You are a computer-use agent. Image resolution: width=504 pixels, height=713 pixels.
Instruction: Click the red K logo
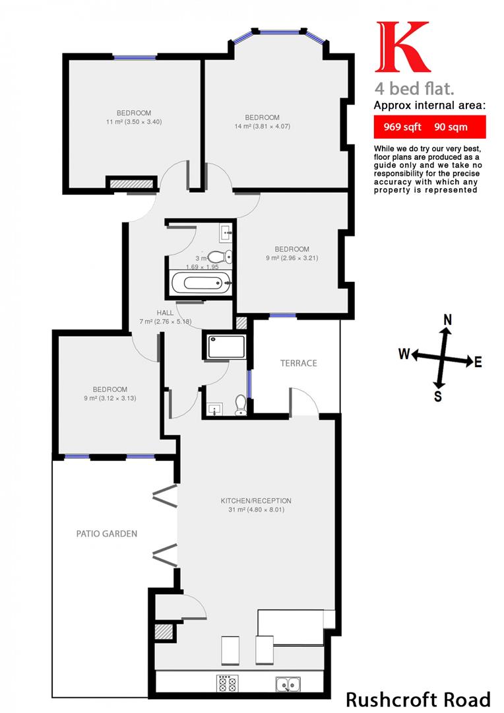pos(401,48)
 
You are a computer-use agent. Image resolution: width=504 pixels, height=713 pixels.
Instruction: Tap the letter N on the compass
pos(447,320)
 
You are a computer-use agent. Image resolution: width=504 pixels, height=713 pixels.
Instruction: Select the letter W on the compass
pos(403,355)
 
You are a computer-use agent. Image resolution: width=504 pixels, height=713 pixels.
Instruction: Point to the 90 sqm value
pos(451,127)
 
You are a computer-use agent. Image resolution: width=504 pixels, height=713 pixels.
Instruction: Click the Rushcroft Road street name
pos(418,699)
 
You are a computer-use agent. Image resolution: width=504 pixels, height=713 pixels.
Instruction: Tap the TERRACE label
pos(298,363)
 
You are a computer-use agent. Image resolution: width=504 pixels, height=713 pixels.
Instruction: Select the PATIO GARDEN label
pos(106,533)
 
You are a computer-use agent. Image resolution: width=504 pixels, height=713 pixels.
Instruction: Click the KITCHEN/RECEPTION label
pos(256,500)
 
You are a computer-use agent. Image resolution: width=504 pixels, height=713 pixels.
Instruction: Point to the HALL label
pos(165,313)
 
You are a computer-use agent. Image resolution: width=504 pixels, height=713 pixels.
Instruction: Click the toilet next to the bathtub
pos(218,257)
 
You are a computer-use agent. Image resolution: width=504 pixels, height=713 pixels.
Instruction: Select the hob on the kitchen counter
pos(228,684)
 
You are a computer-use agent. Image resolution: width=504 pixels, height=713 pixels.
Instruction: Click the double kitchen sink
pos(289,684)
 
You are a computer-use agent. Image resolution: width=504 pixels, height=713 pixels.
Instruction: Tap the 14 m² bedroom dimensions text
pos(263,126)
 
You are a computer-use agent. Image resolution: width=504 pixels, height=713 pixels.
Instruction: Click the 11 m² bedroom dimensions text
pos(134,121)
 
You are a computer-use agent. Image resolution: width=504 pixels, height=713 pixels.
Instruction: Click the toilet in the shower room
pos(240,404)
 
